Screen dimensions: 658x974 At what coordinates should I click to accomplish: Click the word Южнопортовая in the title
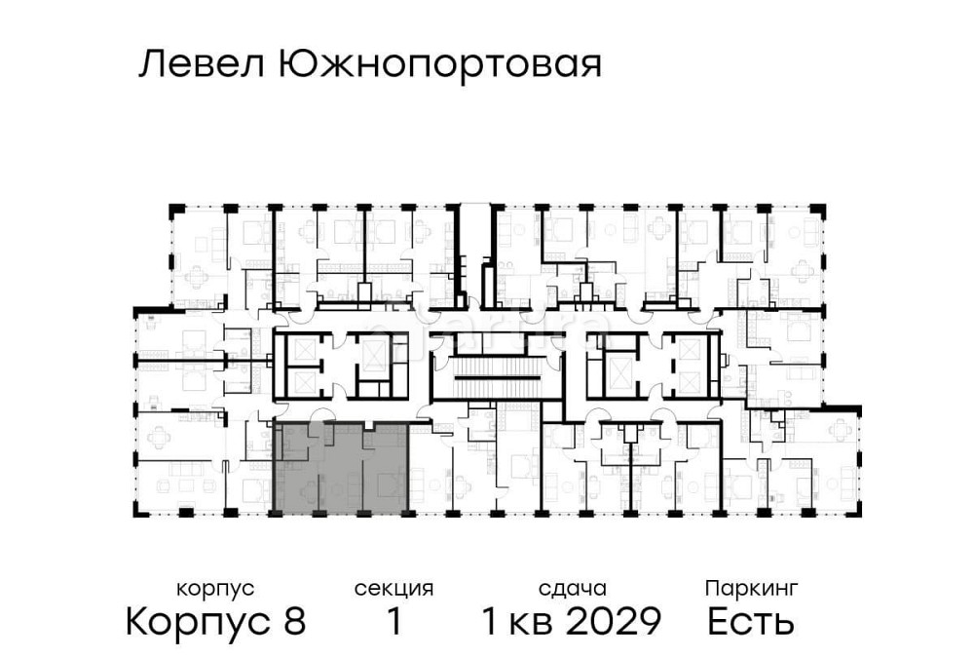[x=440, y=66]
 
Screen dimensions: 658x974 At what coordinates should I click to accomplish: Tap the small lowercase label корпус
[x=215, y=589]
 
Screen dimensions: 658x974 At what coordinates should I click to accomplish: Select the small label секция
[x=393, y=589]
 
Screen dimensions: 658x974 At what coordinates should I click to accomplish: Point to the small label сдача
[x=573, y=589]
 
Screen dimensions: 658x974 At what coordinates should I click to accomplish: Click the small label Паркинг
[x=751, y=588]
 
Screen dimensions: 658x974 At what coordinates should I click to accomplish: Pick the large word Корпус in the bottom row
[x=200, y=622]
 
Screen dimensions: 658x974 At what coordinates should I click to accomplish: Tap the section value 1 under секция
[x=394, y=621]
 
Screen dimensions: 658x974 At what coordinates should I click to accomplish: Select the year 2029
[x=615, y=621]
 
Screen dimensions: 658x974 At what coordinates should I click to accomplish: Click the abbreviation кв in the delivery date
[x=533, y=621]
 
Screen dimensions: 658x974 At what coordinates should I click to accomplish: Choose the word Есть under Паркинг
[x=751, y=621]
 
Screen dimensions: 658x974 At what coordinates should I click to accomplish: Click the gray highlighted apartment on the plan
[x=341, y=468]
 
